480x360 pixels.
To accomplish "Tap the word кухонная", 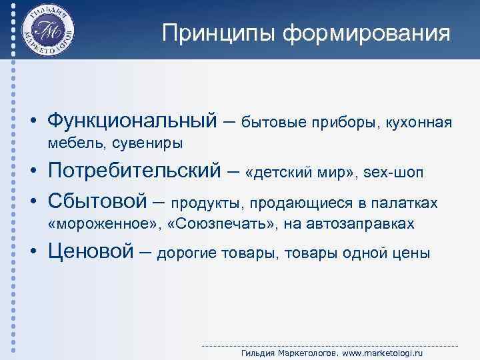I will coord(419,123).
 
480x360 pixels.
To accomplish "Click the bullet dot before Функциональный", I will coord(31,123).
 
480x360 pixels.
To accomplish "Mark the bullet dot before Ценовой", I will coord(31,253).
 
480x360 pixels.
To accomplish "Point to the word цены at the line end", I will coord(413,253).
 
